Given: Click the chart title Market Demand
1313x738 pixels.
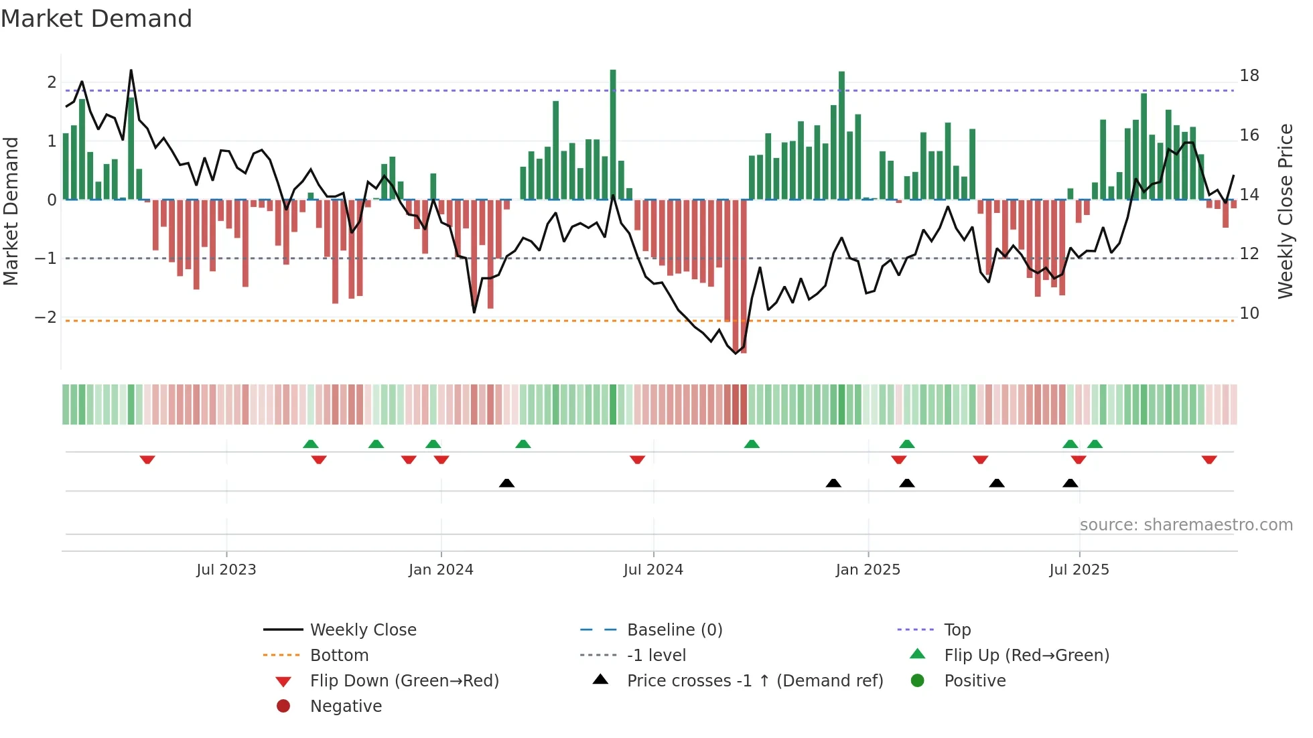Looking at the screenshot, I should tap(96, 18).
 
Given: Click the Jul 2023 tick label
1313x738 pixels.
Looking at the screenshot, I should tap(226, 570).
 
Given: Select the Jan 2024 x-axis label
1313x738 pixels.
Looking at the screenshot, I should tap(441, 570).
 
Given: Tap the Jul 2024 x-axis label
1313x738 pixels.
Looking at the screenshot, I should tap(653, 570).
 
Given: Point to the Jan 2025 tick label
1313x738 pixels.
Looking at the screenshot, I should tap(868, 570).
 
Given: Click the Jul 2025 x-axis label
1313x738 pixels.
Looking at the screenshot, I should tap(1079, 570).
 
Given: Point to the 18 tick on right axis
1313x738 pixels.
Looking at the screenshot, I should tap(1249, 76).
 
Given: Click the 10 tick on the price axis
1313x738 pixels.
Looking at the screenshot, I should tap(1249, 313).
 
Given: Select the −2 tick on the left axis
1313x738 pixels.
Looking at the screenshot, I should tap(46, 317).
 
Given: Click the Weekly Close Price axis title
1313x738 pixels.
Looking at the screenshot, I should tap(1285, 211).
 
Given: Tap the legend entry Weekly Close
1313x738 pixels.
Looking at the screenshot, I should tap(362, 630).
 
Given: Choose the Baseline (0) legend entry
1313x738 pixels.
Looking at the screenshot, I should tap(674, 630).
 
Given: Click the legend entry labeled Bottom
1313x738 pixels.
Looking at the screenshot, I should tap(339, 655).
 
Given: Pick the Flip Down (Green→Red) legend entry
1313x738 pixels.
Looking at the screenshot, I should tap(404, 680).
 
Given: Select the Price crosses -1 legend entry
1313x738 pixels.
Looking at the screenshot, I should tap(754, 680).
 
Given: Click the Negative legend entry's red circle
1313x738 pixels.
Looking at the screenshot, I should tap(283, 706).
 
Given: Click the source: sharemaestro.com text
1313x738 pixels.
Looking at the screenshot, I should tap(1186, 524).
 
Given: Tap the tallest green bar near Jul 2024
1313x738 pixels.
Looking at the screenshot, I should tap(613, 134).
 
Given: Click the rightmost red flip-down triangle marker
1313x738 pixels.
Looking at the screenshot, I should tap(1209, 459).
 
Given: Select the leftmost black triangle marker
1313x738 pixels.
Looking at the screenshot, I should tap(507, 483).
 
